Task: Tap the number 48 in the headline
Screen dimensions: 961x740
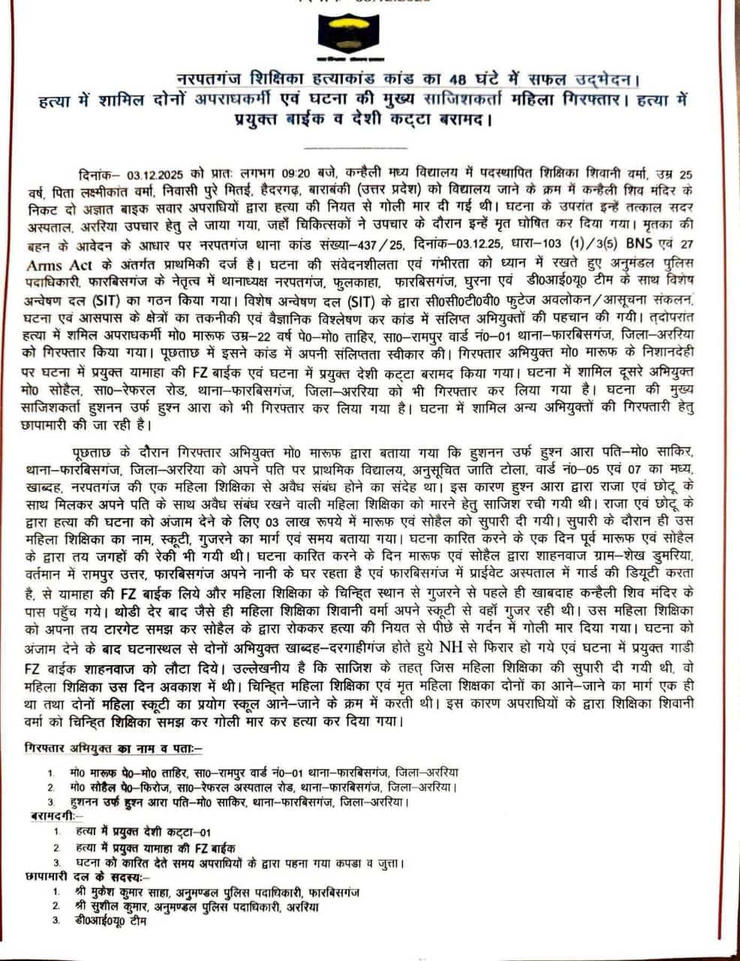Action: pos(459,78)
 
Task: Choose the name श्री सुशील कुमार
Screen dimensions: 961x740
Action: pos(117,906)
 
